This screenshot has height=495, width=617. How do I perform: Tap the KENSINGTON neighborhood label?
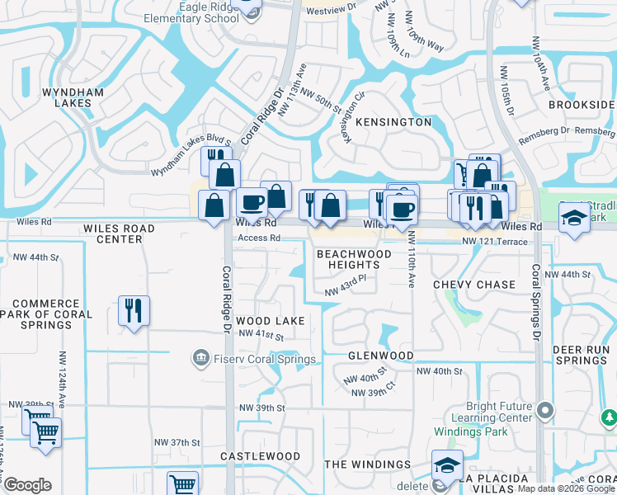point(393,122)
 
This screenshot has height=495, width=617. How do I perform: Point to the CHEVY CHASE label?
point(474,285)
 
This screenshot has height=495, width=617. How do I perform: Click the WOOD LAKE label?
point(270,320)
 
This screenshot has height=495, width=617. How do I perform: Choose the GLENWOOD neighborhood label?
point(380,356)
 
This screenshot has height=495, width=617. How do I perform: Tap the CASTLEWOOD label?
point(261,456)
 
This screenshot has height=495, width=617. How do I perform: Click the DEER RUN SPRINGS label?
point(581,355)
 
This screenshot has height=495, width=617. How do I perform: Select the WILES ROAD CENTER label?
point(120,233)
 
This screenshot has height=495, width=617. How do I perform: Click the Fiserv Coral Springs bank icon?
point(200,358)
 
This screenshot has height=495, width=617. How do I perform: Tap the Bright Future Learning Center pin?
point(544,410)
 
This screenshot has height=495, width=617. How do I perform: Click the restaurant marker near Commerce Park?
point(134,311)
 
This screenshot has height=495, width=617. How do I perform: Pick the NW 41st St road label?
point(261,337)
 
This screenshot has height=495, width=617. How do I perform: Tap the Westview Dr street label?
point(330,7)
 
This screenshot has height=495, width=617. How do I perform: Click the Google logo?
point(27,485)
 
